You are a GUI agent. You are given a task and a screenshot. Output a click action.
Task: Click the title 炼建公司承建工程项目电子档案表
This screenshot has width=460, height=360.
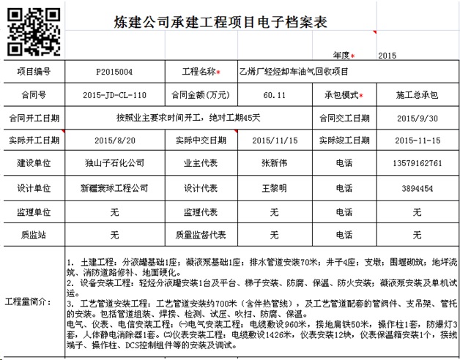tap(220, 23)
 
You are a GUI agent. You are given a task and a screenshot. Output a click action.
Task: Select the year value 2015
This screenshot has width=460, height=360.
tap(387, 55)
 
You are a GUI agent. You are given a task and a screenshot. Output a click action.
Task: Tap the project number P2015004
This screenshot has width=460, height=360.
tap(114, 72)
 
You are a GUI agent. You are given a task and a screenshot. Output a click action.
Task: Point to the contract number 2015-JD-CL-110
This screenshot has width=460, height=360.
tap(115, 95)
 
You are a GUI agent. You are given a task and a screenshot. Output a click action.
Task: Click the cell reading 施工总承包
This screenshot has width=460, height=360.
tap(416, 95)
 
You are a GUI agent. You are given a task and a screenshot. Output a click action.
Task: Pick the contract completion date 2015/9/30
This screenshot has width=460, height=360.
tap(416, 118)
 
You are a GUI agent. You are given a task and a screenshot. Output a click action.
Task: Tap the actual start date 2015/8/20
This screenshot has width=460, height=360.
tap(114, 140)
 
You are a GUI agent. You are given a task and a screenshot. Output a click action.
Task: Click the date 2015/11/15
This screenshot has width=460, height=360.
tap(274, 140)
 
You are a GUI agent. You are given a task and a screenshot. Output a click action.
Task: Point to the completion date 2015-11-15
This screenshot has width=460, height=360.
tap(416, 140)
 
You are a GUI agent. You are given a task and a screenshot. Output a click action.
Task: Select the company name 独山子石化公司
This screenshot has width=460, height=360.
tap(114, 164)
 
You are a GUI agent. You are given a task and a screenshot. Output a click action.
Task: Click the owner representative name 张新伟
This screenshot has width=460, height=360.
tap(274, 164)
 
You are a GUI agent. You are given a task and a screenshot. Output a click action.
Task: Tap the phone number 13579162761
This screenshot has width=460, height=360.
tap(416, 164)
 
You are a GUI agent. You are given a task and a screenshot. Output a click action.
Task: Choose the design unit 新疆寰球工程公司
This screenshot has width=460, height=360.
tap(114, 188)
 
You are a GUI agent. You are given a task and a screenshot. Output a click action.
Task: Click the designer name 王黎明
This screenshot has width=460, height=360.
tap(274, 188)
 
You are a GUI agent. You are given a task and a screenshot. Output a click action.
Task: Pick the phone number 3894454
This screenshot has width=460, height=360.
tap(416, 188)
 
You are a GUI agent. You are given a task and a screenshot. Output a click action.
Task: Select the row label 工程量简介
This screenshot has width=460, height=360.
tap(32, 302)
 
